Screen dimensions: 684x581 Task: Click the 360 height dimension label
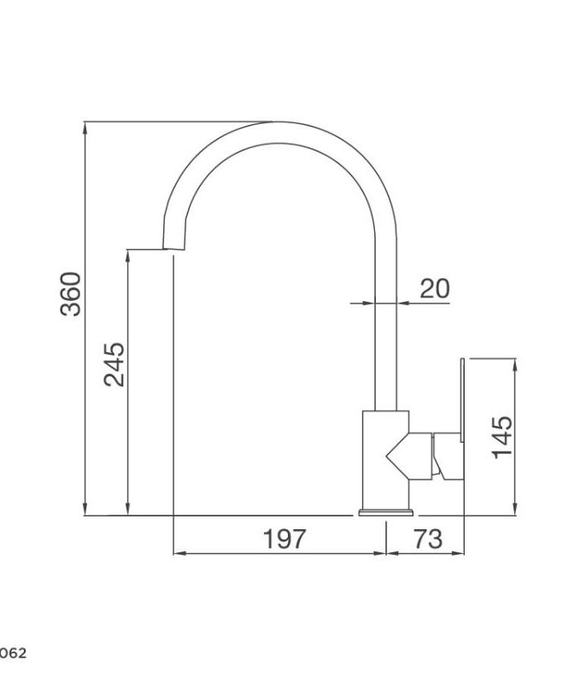click(x=72, y=293)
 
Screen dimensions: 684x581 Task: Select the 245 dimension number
click(x=114, y=364)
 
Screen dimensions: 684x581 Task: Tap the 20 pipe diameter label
click(x=434, y=288)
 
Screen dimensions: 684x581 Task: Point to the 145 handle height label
click(x=502, y=436)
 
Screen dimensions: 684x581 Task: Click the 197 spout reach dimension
click(x=284, y=539)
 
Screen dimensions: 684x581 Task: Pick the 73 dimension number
click(x=426, y=539)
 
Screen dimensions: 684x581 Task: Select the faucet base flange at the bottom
click(x=385, y=513)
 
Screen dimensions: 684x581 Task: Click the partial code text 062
click(x=13, y=653)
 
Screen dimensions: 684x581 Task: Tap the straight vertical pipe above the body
click(x=386, y=342)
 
